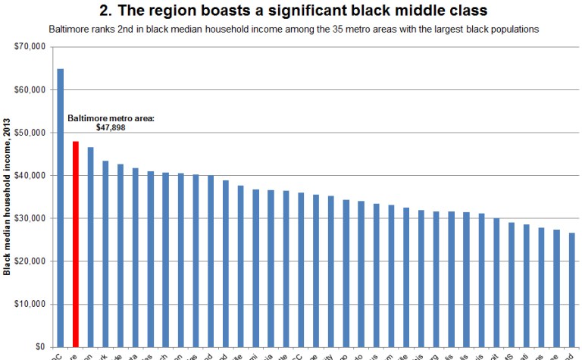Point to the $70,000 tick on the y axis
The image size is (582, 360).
coord(31,47)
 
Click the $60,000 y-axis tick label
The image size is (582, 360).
coord(31,89)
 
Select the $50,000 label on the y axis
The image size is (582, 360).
coord(31,133)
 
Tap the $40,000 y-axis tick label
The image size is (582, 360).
coord(31,175)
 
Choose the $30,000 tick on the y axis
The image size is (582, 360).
coord(31,218)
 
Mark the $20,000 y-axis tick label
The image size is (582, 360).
coord(31,261)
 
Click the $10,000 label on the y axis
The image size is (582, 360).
coord(31,304)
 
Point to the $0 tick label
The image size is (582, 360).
coord(39,346)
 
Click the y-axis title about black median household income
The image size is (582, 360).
coord(7,196)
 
